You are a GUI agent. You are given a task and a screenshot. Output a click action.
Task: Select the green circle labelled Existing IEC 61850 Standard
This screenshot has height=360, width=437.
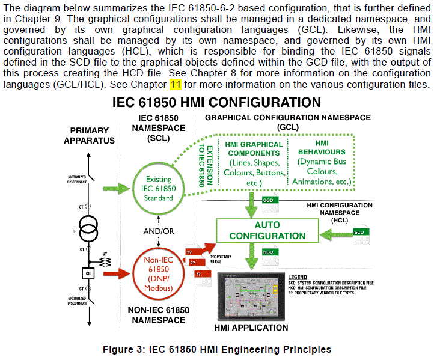[159, 188]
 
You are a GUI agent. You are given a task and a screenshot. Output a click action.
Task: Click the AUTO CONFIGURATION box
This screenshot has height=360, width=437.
[267, 230]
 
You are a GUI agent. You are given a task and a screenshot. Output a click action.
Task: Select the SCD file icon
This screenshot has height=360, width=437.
[359, 231]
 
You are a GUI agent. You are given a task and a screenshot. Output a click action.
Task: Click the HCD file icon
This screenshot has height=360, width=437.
[269, 252]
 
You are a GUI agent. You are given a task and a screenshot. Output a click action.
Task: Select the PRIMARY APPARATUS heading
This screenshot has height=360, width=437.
[90, 135]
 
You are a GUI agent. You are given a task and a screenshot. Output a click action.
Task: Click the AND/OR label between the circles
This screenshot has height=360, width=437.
[159, 231]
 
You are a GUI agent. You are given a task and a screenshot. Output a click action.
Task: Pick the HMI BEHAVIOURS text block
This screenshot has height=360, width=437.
[322, 163]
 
